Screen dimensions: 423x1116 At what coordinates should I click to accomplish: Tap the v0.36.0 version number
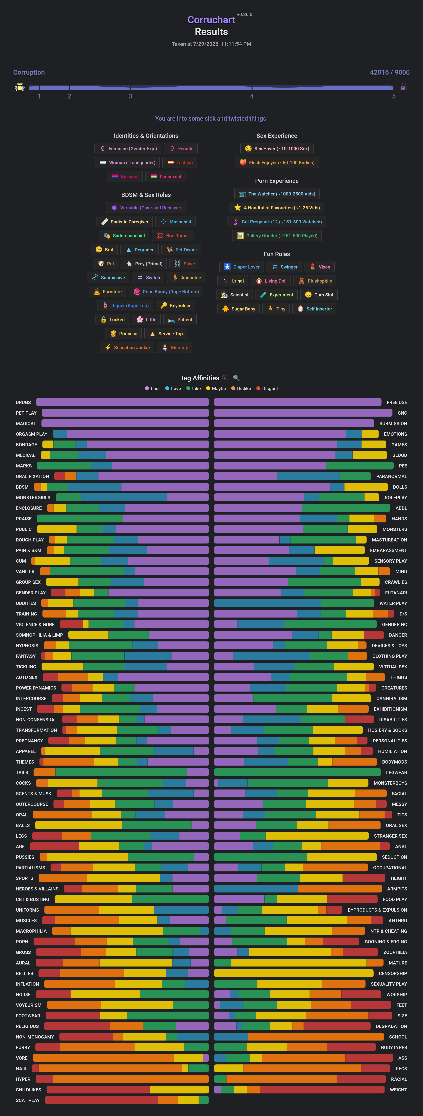(244, 14)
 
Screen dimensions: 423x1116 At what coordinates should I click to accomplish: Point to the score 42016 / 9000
(389, 72)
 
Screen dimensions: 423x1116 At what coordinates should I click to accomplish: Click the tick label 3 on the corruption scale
(130, 96)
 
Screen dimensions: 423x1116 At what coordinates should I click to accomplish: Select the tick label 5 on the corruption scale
(394, 96)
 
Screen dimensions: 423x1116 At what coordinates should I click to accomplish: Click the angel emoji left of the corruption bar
(19, 88)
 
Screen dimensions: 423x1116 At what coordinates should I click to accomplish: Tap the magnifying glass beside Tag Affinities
(236, 378)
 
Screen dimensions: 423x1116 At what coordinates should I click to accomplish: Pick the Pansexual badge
(166, 177)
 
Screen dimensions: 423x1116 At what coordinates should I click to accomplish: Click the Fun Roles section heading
(276, 254)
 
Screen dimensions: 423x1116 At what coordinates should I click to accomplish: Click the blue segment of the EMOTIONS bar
(354, 434)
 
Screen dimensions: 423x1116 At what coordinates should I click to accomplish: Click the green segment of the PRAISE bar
(80, 519)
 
